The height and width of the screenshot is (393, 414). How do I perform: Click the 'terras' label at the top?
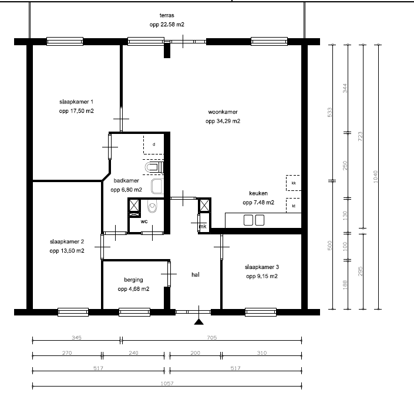167,15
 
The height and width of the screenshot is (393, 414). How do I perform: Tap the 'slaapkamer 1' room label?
76,102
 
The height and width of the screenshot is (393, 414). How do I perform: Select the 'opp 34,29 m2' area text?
223,121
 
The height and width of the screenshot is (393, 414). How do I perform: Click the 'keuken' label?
258,193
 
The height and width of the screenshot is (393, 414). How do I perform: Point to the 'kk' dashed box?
294,183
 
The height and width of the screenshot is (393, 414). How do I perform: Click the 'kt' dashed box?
294,206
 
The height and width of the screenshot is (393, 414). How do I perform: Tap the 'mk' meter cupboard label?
203,226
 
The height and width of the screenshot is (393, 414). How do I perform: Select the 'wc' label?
144,221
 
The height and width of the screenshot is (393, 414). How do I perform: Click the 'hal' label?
196,275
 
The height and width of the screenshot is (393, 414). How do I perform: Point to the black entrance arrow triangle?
199,322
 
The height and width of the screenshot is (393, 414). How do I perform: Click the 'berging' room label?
134,280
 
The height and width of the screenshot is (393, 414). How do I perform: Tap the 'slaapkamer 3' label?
262,267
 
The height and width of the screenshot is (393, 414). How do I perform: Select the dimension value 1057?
167,383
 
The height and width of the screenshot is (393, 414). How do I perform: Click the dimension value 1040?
376,177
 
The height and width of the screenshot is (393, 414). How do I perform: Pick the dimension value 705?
212,338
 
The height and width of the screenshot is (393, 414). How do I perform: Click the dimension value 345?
76,338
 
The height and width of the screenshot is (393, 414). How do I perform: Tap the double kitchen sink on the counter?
254,220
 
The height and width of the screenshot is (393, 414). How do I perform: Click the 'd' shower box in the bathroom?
154,145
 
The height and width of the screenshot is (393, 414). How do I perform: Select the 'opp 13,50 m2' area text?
67,251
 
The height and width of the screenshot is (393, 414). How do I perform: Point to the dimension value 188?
345,285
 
